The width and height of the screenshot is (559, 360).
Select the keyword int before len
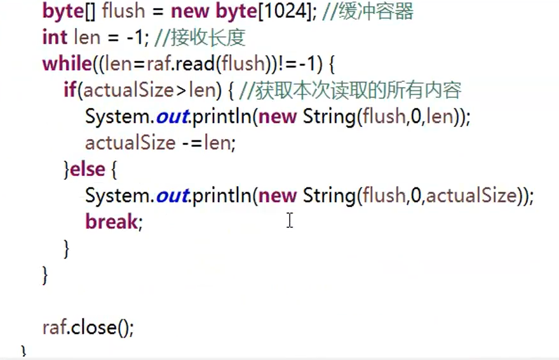pos(55,37)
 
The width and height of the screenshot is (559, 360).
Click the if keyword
pos(70,90)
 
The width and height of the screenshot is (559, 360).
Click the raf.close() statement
pos(88,328)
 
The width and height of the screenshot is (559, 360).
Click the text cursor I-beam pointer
pos(290,220)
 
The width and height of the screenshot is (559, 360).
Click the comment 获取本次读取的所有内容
pos(358,90)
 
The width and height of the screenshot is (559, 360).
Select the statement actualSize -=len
pos(160,143)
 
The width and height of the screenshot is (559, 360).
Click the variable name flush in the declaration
pos(129,11)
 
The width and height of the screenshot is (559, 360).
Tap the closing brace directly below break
pos(67,248)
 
